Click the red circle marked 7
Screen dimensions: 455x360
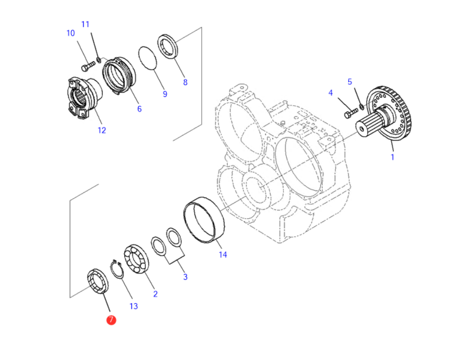(x=111, y=320)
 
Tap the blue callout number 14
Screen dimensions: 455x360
(x=223, y=255)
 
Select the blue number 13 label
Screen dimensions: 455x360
(x=133, y=306)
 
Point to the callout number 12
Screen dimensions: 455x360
(x=102, y=131)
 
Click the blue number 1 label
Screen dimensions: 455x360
(x=392, y=157)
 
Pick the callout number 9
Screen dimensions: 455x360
(x=165, y=94)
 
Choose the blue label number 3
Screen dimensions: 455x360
(x=185, y=277)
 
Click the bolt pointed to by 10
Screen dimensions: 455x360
(x=88, y=66)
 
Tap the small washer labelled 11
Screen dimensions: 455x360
(x=98, y=59)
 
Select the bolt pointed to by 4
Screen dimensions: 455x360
(x=351, y=113)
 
